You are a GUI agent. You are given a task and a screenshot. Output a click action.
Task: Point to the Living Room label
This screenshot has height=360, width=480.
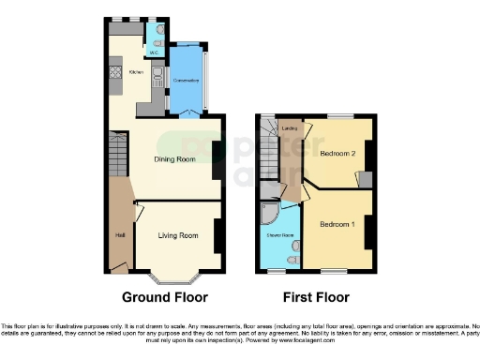176,235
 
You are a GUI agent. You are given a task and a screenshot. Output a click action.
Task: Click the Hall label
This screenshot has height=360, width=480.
120,234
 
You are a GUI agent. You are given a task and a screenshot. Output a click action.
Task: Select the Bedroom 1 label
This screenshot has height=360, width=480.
337,226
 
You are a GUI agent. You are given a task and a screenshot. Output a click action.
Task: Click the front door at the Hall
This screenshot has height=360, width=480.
118,269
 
